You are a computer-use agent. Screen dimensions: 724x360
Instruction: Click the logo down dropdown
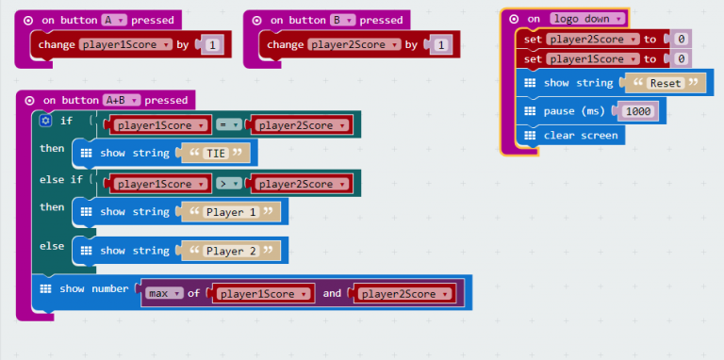588,19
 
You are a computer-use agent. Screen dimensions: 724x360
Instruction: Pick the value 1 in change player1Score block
212,44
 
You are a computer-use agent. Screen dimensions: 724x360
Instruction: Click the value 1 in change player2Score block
441,44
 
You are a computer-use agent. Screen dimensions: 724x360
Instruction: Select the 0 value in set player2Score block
679,39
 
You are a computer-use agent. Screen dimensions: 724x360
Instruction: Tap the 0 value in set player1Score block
679,58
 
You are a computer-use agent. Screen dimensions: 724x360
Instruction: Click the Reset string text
666,83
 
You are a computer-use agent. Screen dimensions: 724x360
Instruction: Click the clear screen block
581,135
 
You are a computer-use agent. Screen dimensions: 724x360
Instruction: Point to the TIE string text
216,153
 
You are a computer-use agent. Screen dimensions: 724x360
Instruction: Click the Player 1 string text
232,212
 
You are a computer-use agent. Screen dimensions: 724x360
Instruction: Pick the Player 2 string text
232,251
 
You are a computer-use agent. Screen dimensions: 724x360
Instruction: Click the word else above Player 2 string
52,246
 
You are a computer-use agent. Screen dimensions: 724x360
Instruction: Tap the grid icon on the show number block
44,288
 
